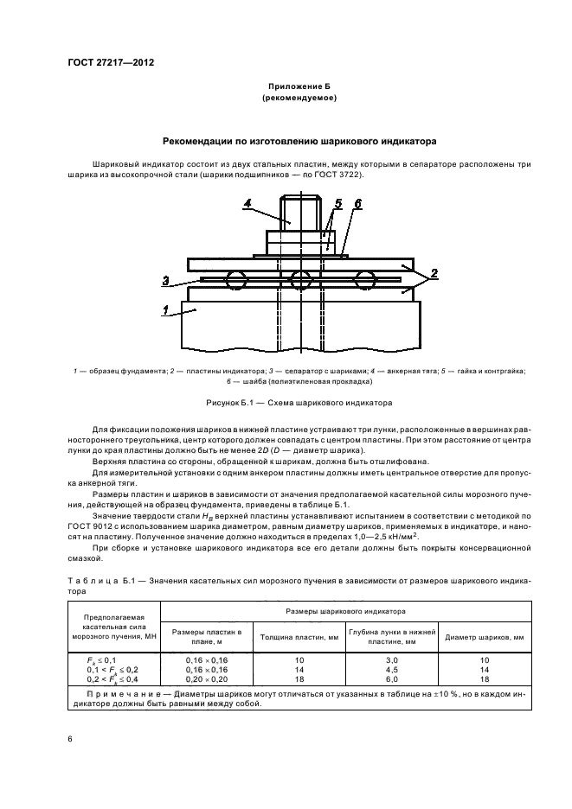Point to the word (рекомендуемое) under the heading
click(x=299, y=99)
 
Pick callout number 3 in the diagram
click(x=164, y=279)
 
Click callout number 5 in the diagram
click(x=339, y=203)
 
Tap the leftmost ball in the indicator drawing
click(x=235, y=279)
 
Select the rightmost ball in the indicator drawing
click(x=365, y=279)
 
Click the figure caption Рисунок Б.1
click(x=298, y=403)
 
